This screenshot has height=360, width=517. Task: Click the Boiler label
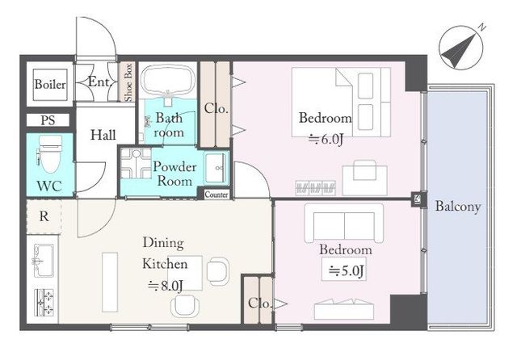(x=50, y=84)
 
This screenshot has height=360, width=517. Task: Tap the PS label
(x=48, y=120)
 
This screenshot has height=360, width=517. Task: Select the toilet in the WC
(x=50, y=154)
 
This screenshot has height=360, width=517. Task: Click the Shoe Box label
(x=128, y=82)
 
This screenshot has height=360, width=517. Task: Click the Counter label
(x=216, y=195)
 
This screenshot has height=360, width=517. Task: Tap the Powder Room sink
(x=216, y=168)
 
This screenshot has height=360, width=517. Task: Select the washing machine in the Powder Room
(x=136, y=163)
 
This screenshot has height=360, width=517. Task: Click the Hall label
(x=103, y=135)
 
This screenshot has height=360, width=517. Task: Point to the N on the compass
(x=482, y=27)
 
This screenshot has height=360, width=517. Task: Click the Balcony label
(x=458, y=207)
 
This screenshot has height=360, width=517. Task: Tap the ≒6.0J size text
(x=326, y=140)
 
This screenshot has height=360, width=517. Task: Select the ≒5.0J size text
(x=347, y=270)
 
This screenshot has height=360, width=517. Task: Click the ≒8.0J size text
(x=165, y=285)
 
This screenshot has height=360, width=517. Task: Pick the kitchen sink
(x=43, y=260)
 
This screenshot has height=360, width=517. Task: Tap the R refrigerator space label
(x=44, y=216)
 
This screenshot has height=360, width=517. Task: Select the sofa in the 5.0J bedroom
(x=344, y=223)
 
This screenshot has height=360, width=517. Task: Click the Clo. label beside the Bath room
(x=216, y=108)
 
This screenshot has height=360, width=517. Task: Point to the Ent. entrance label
(x=99, y=82)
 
